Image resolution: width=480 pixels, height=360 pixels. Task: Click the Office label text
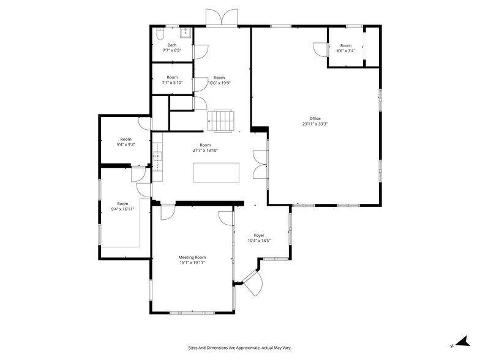coord(315,119)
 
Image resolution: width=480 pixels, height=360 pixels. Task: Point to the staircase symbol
coord(221,121)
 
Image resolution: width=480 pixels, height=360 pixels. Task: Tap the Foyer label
coord(259,235)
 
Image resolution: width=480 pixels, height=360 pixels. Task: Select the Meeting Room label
coord(192,257)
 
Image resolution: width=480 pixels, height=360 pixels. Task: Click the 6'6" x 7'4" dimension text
coord(346,51)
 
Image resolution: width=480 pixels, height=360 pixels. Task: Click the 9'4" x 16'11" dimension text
coord(123,209)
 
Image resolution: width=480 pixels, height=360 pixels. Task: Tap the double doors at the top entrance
coord(221,18)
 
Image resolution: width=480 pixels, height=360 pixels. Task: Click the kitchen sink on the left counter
coord(157,157)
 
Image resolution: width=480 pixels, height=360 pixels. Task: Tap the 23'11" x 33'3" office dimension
coord(315,124)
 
